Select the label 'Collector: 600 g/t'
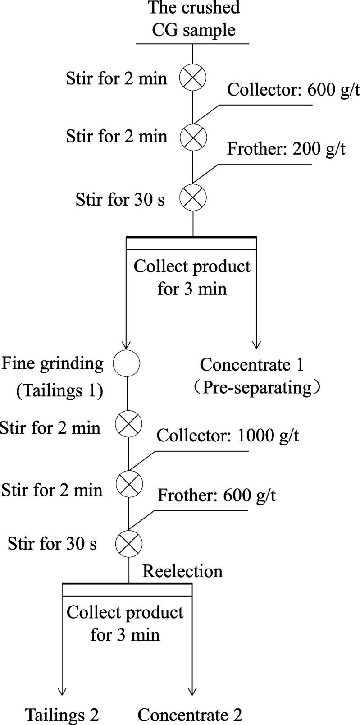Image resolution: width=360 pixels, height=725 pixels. point(293,89)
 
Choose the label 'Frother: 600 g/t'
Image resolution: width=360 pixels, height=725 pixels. point(216,495)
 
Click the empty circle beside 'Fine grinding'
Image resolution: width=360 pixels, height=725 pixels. point(126,363)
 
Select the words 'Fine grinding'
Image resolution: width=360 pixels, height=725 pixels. point(52,363)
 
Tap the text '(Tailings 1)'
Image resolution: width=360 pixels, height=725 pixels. point(59,390)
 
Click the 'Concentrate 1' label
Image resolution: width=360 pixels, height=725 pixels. point(251,364)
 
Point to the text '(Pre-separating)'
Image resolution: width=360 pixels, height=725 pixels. point(256,388)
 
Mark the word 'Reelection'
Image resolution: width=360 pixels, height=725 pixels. point(182,571)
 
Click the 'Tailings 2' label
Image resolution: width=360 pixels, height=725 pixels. point(62,715)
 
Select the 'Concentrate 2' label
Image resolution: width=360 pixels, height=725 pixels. point(190,715)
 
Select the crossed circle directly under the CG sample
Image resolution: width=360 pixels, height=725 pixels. point(193,78)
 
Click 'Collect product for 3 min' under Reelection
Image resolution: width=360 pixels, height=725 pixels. point(125,623)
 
